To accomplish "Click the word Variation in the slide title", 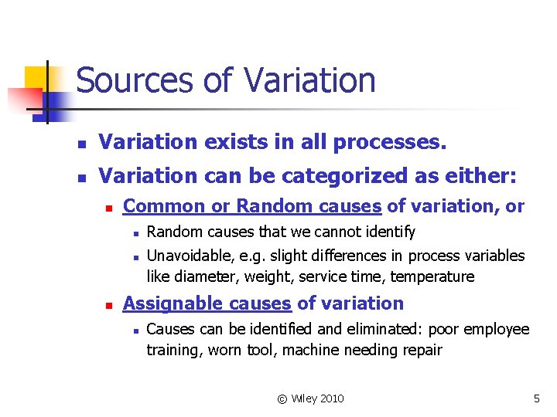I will coord(309,80).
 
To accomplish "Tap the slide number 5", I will coord(536,398).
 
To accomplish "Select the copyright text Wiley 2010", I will coord(310,398).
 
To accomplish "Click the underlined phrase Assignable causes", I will coord(207,303).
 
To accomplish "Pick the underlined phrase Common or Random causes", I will coord(252,206).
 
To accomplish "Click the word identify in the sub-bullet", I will coord(389,232).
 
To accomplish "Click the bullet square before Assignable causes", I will coord(111,305).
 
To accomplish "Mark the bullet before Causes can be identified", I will coord(135,331).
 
